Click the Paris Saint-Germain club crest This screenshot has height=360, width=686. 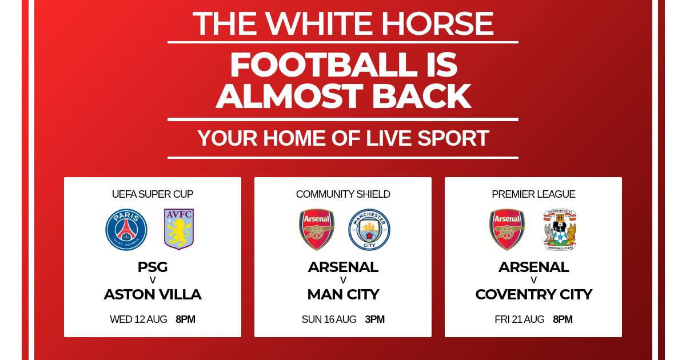pos(126,230)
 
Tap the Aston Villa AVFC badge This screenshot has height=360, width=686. pos(179,229)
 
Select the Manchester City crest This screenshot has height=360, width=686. pos(369,230)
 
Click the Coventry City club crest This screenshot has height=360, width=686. pos(560,230)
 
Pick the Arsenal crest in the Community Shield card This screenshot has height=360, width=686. pos(317,230)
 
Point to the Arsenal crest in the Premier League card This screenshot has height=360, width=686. pos(507,230)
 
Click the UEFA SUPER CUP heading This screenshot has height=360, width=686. pos(153,194)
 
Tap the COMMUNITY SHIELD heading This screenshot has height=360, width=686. pos(343,194)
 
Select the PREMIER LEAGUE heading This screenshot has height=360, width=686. pos(533,194)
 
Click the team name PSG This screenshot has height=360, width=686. pos(153,267)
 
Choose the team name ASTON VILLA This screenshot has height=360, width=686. pos(153,294)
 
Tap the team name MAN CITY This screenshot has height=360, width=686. pos(343,294)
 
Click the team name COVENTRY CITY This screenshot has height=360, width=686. pos(533,294)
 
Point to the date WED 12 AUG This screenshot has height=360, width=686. pos(138,319)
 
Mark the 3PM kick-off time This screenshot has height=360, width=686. pos(374,319)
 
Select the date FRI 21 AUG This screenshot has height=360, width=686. pos(520,319)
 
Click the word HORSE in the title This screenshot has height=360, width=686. pos(437,23)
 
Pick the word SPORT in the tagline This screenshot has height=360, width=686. pos(453,138)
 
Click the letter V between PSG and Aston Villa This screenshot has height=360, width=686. pos(153,280)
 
